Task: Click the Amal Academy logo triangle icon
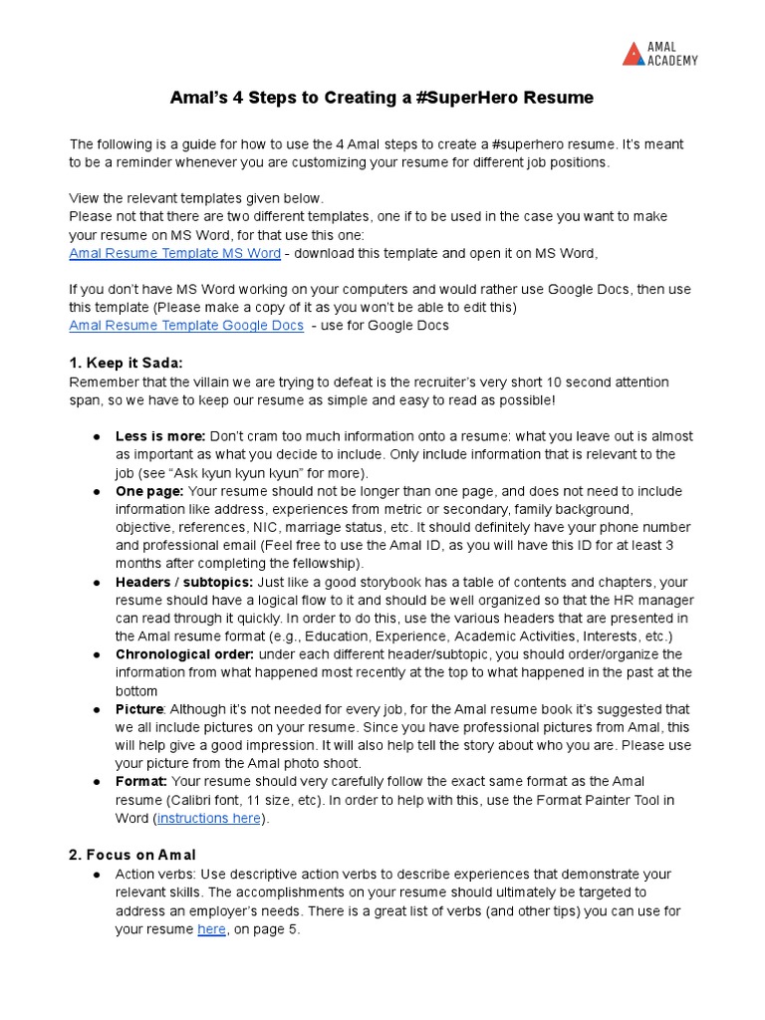point(634,54)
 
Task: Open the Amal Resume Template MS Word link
point(174,253)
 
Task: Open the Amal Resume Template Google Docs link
point(186,325)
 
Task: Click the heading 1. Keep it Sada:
point(126,364)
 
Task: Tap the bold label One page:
point(149,491)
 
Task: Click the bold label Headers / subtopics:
point(184,582)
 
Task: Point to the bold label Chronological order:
point(185,654)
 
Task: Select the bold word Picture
point(138,709)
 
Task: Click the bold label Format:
point(141,782)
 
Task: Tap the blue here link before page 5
point(211,929)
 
